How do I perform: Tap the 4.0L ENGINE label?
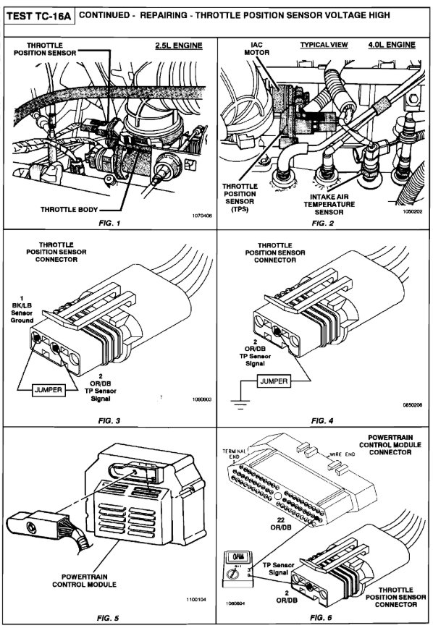pyautogui.click(x=392, y=45)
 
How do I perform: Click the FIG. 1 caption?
pyautogui.click(x=109, y=223)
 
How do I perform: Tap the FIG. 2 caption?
pyautogui.click(x=326, y=223)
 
